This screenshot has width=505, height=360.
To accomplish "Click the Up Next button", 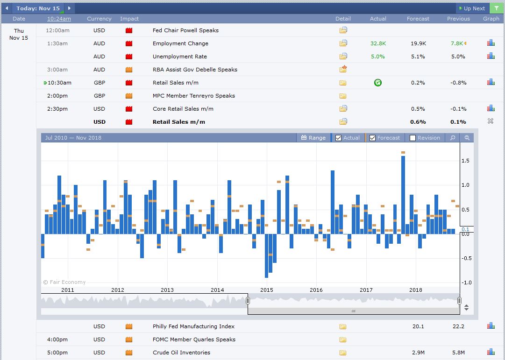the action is [x=472, y=8].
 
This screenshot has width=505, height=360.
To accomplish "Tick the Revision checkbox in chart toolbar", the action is [x=413, y=138].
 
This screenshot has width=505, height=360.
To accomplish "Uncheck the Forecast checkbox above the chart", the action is [x=373, y=138].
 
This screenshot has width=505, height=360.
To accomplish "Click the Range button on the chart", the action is [x=313, y=138].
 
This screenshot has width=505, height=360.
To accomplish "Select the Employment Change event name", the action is [x=180, y=43].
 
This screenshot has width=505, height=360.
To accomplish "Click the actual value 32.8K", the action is [x=378, y=43].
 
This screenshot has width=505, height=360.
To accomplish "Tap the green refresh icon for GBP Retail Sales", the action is [x=378, y=83].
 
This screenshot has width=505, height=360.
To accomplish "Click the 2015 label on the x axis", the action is [x=267, y=290].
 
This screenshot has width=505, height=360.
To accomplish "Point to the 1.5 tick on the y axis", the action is [x=465, y=161].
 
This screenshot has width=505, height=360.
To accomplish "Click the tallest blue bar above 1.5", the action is [x=403, y=195].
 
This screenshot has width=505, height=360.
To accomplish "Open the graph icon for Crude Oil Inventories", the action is [x=491, y=352].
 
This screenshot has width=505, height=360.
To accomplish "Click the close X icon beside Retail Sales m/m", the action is [x=490, y=121].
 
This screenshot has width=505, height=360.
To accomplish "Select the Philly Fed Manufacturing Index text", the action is [x=193, y=326].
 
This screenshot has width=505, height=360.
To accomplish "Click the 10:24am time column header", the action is [x=59, y=19].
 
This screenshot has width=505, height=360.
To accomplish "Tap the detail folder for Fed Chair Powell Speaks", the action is [x=343, y=30].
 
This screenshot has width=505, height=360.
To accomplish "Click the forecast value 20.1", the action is [x=418, y=326].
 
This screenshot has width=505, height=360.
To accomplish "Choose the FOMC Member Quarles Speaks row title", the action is [x=194, y=339].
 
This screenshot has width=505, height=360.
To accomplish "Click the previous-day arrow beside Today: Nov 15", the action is [x=7, y=8].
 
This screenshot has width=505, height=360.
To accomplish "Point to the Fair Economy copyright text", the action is [x=64, y=282].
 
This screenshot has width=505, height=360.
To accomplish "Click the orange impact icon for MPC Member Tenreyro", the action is [x=129, y=96].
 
